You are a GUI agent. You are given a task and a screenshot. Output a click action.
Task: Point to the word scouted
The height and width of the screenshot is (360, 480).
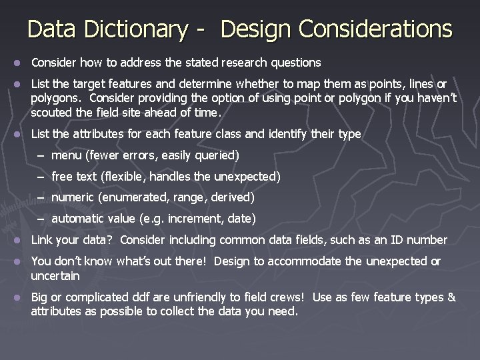tap(51, 113)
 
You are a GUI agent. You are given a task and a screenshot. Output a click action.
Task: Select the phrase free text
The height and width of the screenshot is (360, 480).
tap(73, 177)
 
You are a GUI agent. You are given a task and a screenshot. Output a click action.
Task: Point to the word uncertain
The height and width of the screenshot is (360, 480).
tap(55, 275)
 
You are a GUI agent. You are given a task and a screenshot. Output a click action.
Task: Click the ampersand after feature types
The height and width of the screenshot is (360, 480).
tap(451, 297)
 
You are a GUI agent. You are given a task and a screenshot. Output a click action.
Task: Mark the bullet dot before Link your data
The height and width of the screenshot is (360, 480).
tap(19, 241)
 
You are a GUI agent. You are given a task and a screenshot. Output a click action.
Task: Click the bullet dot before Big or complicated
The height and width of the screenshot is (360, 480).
tap(19, 298)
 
